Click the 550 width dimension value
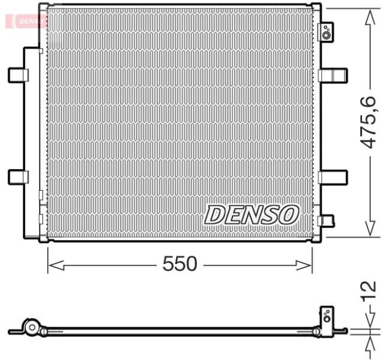(179, 264)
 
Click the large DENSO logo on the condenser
(252, 214)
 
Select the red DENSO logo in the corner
(25, 20)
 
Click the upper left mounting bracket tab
(18, 75)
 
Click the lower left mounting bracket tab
(18, 176)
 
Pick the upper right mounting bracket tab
(333, 75)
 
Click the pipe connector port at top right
(326, 32)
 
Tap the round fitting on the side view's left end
(31, 328)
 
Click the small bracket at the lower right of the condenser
(326, 221)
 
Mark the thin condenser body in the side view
(180, 329)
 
